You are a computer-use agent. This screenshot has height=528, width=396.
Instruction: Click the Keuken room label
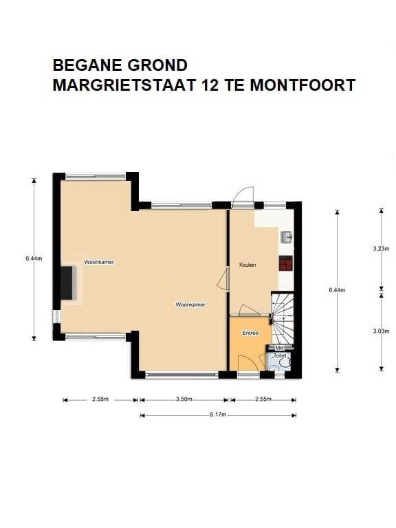(247, 265)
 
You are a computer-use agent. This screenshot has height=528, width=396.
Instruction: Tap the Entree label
(250, 333)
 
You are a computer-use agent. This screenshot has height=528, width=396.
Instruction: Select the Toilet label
(279, 356)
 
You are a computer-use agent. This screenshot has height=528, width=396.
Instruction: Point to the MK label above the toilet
(279, 349)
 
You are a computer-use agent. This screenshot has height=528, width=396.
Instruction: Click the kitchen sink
(287, 237)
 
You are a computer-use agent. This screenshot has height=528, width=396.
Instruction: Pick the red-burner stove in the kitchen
(286, 263)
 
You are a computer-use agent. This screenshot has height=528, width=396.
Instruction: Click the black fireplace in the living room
(67, 283)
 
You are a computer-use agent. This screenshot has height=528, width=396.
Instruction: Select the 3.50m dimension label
(184, 399)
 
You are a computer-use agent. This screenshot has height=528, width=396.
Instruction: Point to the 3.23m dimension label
(381, 249)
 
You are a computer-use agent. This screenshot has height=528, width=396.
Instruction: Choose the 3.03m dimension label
(381, 331)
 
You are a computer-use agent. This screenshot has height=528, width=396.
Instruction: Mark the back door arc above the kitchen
(243, 197)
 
